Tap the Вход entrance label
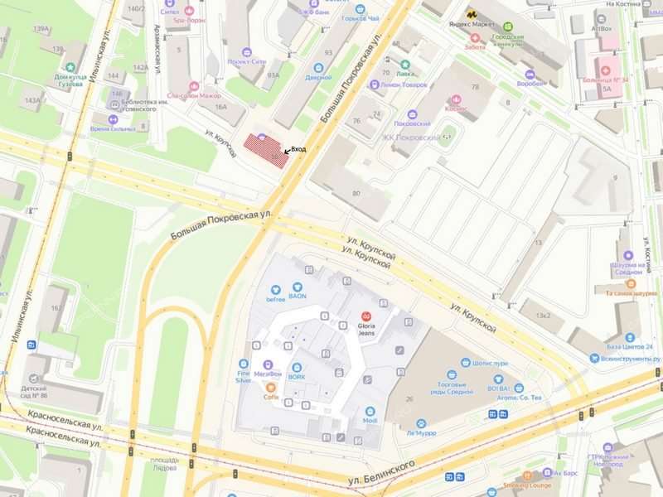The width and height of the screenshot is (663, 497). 298,149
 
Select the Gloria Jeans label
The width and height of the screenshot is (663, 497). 365,327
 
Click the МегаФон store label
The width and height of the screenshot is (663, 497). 268,374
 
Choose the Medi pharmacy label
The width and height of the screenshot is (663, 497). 370,420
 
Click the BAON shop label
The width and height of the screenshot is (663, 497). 298,296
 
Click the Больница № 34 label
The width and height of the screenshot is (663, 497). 607,80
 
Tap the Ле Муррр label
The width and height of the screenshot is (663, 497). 421,432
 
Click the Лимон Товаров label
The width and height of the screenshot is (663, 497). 404,84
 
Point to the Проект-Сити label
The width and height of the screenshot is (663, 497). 247,61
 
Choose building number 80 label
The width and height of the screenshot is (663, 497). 356,194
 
